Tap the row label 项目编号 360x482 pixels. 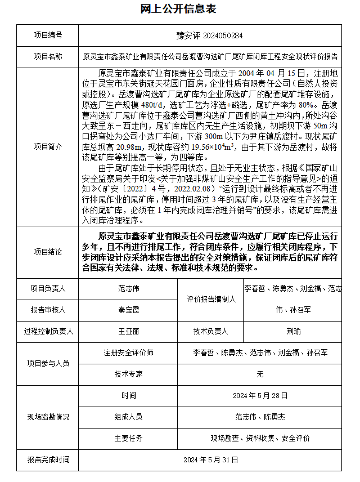pos(48,35)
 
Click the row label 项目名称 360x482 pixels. pos(48,56)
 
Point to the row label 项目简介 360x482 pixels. pos(48,146)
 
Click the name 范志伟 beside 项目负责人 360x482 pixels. pos(128,288)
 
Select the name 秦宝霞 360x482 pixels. pos(128,310)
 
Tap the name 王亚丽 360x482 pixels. pos(128,331)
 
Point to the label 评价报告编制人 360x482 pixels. pos(211,299)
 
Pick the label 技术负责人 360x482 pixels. pos(211,331)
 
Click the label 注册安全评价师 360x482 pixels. pos(128,352)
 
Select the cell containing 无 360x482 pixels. pos(260,373)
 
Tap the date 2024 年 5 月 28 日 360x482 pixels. pos(260,395)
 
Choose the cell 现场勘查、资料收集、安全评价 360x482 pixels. pos(260,438)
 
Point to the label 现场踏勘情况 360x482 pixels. pos(48,417)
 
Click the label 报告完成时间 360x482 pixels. pos(48,459)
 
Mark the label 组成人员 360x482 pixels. pos(128,417)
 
